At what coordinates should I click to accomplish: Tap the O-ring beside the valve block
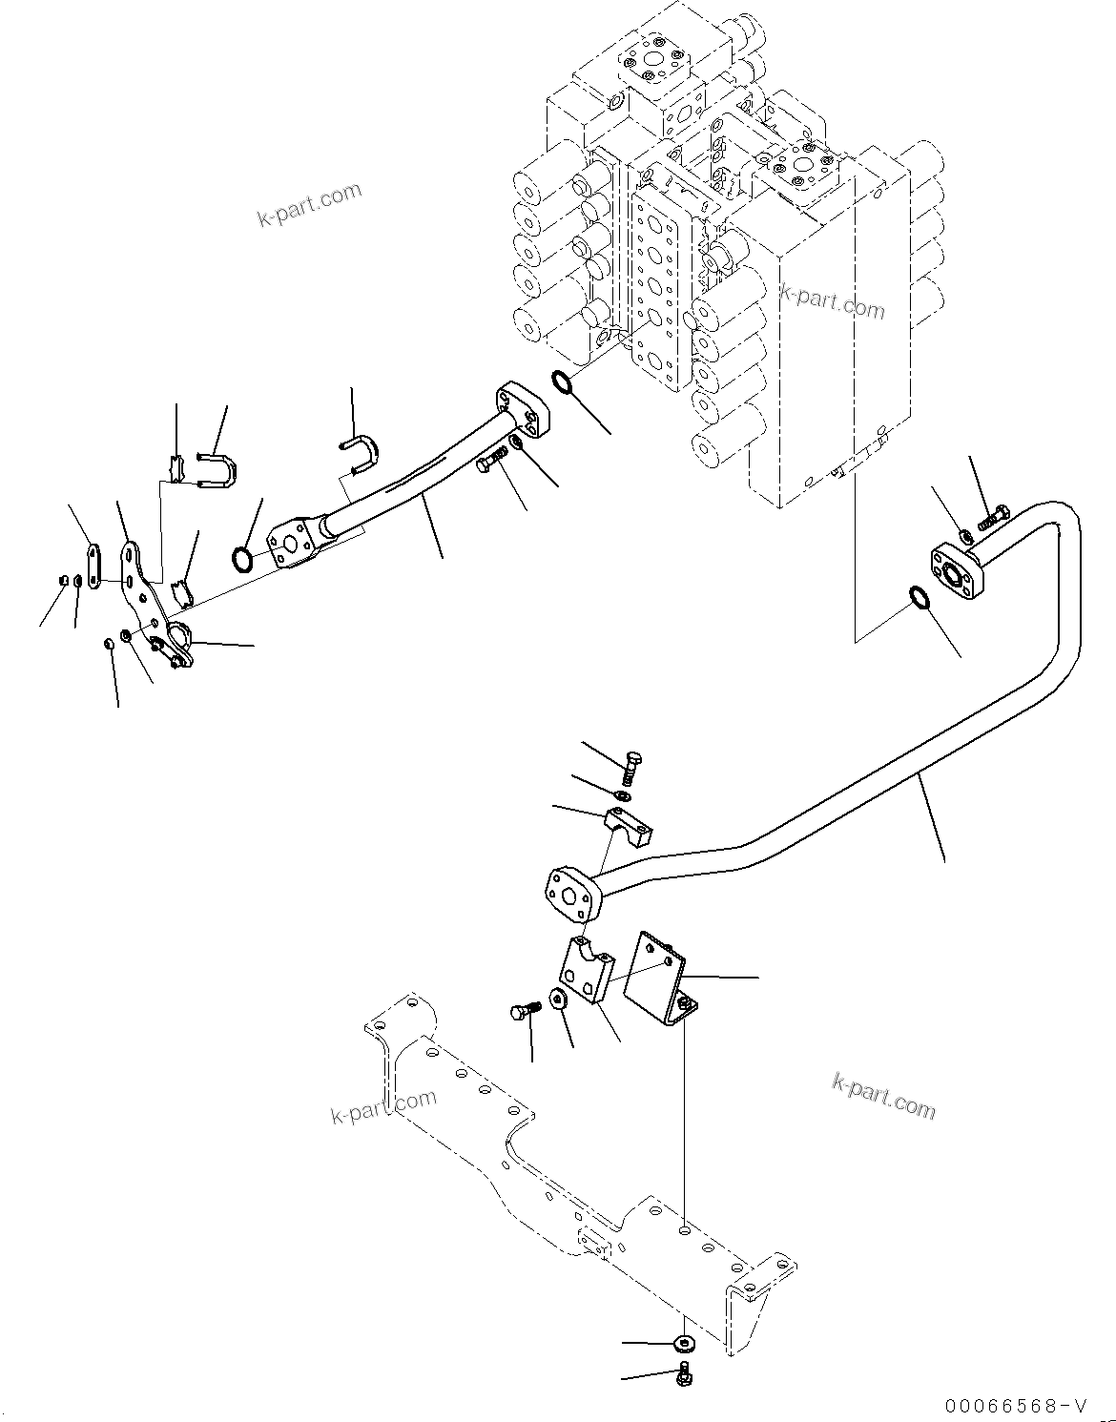point(563,384)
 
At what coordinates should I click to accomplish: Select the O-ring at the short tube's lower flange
point(244,559)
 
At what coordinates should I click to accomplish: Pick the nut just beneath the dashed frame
point(683,1343)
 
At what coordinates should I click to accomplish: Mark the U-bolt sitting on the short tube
point(362,452)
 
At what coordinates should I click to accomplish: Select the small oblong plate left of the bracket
point(93,567)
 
